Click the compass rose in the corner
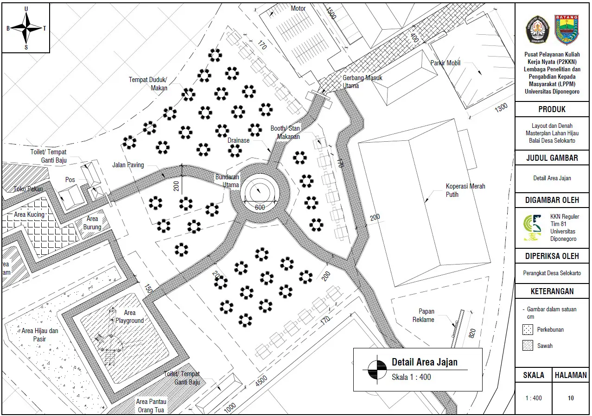[26, 28]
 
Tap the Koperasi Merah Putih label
[465, 190]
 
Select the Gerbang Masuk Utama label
[362, 82]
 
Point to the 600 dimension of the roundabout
[260, 208]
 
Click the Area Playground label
[129, 316]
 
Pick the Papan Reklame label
[423, 315]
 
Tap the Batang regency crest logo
[567, 30]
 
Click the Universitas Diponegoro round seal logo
[537, 30]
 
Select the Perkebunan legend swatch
[528, 330]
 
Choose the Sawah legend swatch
[528, 346]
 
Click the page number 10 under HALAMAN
[571, 398]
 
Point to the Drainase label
[238, 140]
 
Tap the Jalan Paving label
[128, 165]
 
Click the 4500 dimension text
[261, 381]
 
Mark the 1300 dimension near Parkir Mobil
[501, 107]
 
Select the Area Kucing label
[29, 214]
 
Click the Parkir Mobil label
[446, 63]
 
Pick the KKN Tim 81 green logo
[533, 227]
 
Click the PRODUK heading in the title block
[552, 109]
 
